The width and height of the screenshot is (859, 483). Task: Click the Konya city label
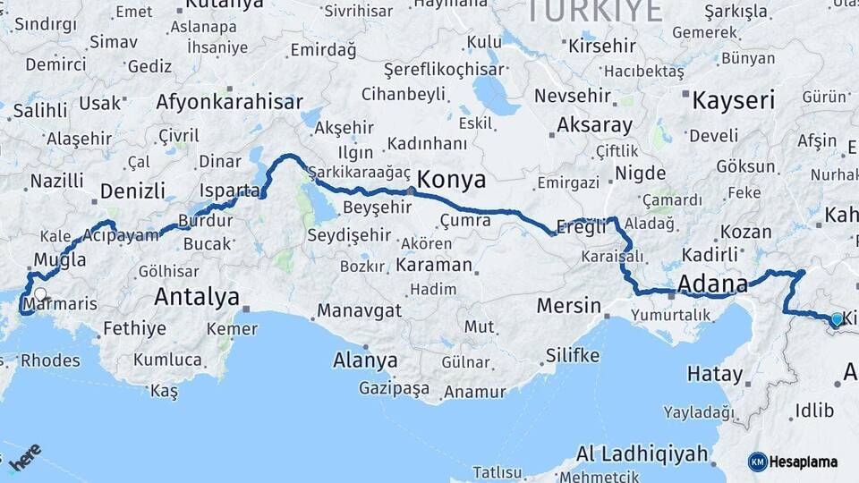[x=452, y=179]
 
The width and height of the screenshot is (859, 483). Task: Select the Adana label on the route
[x=712, y=284]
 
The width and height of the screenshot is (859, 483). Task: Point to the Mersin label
[x=569, y=306]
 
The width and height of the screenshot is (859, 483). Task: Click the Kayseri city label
[x=733, y=99]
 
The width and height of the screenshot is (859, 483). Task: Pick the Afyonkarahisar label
[x=229, y=101]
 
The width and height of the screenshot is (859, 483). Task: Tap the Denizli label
[x=132, y=191]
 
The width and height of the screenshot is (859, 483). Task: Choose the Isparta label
[x=229, y=191]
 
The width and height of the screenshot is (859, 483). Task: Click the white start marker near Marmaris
[x=39, y=292]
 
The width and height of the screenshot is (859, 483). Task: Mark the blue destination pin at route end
[x=837, y=318]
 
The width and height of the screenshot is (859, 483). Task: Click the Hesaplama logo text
[x=803, y=462]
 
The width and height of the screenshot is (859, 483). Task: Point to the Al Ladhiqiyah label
[x=642, y=453]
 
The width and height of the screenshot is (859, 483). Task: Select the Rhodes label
[x=50, y=361]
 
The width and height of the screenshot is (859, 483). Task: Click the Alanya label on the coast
[x=365, y=360]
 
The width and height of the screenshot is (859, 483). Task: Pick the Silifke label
[x=572, y=355]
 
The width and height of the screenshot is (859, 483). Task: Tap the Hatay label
[x=715, y=374]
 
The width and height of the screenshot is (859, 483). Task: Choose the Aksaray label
[x=594, y=125]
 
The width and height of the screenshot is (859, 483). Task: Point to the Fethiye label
[x=134, y=328]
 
